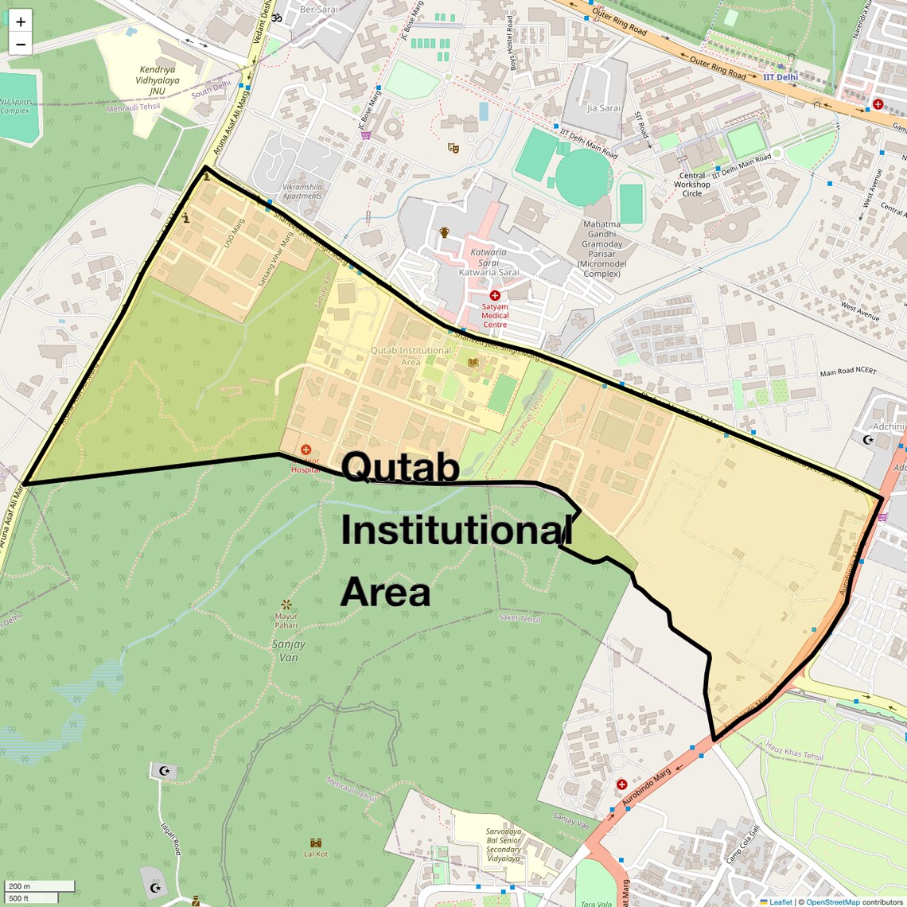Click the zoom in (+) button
point(21,21)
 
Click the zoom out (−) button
point(21,44)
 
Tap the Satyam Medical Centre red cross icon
point(495,296)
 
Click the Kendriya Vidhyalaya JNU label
point(158,80)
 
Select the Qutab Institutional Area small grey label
point(411,356)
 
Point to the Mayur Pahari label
point(286,621)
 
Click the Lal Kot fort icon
point(316,842)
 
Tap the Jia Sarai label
point(603,108)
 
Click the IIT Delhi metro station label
point(780,77)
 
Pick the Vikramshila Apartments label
point(302,192)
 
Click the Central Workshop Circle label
point(692,185)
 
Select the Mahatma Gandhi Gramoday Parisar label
point(601,249)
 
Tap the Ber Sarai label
point(318,10)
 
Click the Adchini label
point(888,426)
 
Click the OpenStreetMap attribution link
point(832,902)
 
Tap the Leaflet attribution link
point(780,902)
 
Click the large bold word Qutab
point(401,467)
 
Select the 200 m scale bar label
point(19,886)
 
